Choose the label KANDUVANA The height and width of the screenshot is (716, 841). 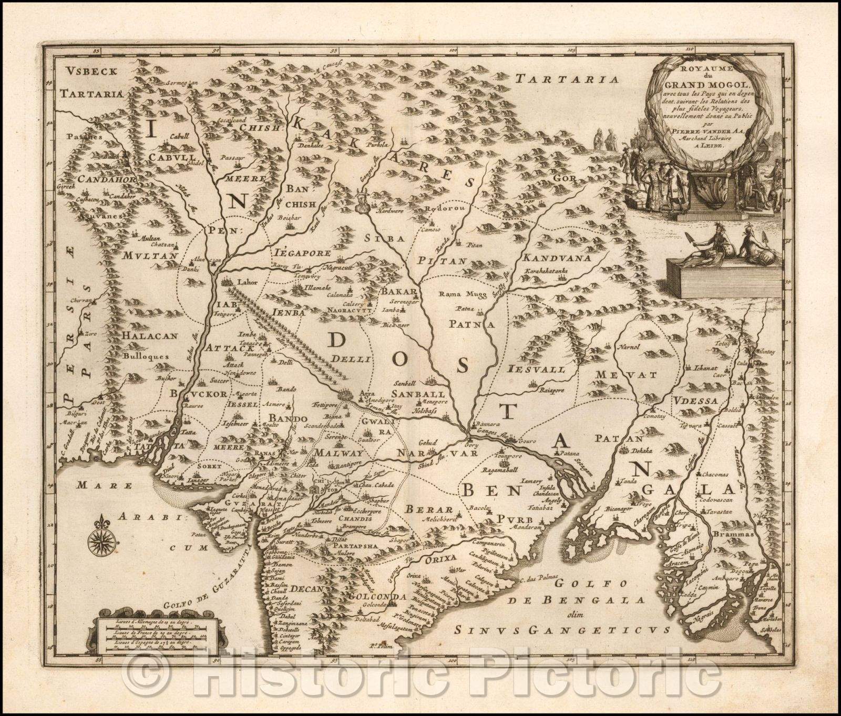click(x=557, y=259)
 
